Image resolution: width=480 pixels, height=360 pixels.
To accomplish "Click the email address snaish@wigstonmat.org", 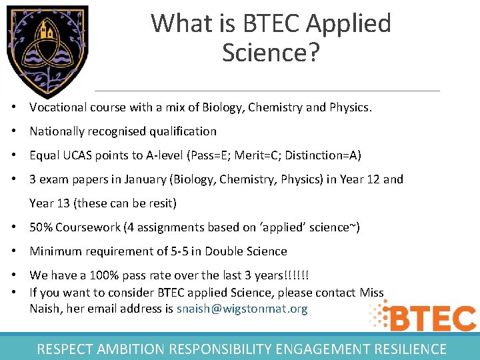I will [x=242, y=309].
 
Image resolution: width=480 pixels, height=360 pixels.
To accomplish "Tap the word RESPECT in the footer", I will [x=65, y=349].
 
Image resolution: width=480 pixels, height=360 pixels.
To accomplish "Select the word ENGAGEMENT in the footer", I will [x=309, y=349].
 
